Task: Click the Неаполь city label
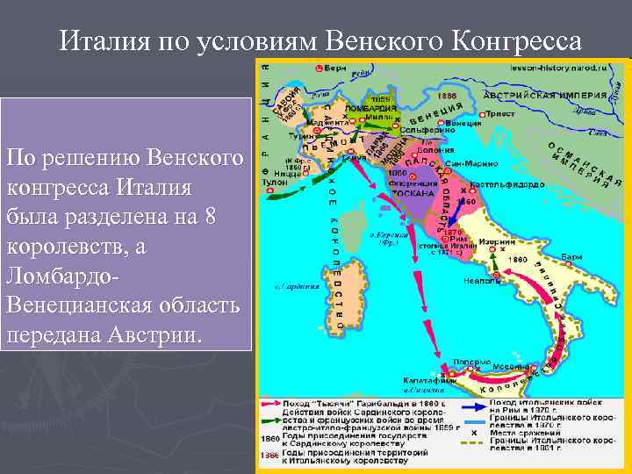click(x=483, y=282)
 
